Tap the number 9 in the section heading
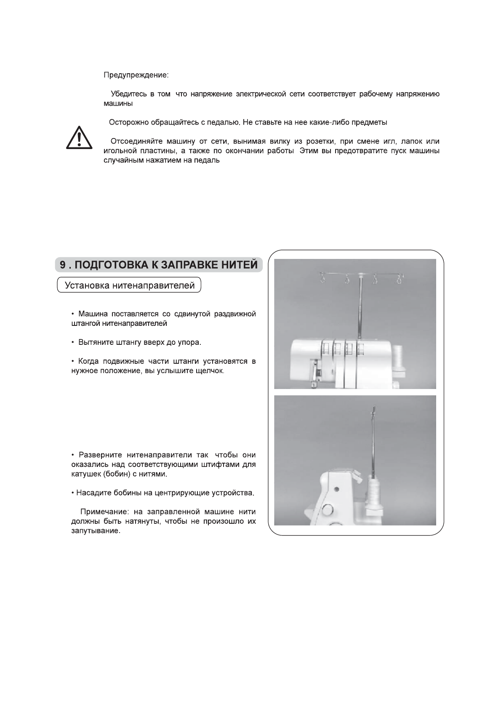click(62, 265)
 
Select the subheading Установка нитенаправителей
click(130, 285)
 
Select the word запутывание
click(95, 531)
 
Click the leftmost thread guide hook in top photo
click(322, 278)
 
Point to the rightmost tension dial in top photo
click(361, 349)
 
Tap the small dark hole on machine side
click(336, 489)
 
